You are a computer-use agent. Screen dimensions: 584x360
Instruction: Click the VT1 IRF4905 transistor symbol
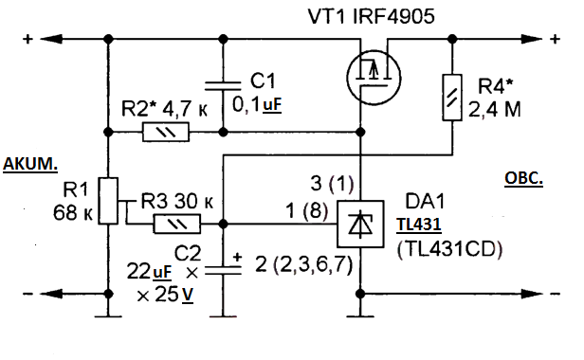pyautogui.click(x=374, y=78)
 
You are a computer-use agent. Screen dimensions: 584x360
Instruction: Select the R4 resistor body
pyautogui.click(x=452, y=98)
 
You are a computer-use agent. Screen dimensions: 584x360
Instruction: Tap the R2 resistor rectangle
pyautogui.click(x=166, y=132)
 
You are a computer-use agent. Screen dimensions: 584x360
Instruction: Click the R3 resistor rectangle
pyautogui.click(x=177, y=224)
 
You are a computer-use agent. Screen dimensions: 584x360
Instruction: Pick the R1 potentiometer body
pyautogui.click(x=108, y=201)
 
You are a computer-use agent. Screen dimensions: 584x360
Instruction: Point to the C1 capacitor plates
pyautogui.click(x=223, y=86)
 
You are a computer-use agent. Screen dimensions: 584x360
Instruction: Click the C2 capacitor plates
pyautogui.click(x=223, y=271)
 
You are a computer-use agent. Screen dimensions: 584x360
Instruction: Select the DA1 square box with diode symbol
pyautogui.click(x=360, y=225)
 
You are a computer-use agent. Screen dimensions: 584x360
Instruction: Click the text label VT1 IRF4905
pyautogui.click(x=371, y=17)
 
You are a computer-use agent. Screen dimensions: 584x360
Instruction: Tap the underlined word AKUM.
pyautogui.click(x=30, y=164)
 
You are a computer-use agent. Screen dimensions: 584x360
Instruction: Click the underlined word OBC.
pyautogui.click(x=523, y=178)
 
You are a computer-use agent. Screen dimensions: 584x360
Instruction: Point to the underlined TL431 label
pyautogui.click(x=419, y=225)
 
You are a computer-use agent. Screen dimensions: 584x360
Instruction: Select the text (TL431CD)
pyautogui.click(x=449, y=249)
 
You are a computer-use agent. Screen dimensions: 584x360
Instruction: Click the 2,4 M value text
pyautogui.click(x=495, y=110)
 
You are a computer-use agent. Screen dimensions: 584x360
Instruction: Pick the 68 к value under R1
pyautogui.click(x=73, y=213)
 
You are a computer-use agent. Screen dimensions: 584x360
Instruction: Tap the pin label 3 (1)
pyautogui.click(x=332, y=183)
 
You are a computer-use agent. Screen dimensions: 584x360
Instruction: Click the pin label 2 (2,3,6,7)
pyautogui.click(x=304, y=265)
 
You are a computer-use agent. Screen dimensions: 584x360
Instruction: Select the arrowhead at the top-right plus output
pyautogui.click(x=531, y=39)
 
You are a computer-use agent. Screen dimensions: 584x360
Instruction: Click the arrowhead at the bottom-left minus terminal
pyautogui.click(x=50, y=294)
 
